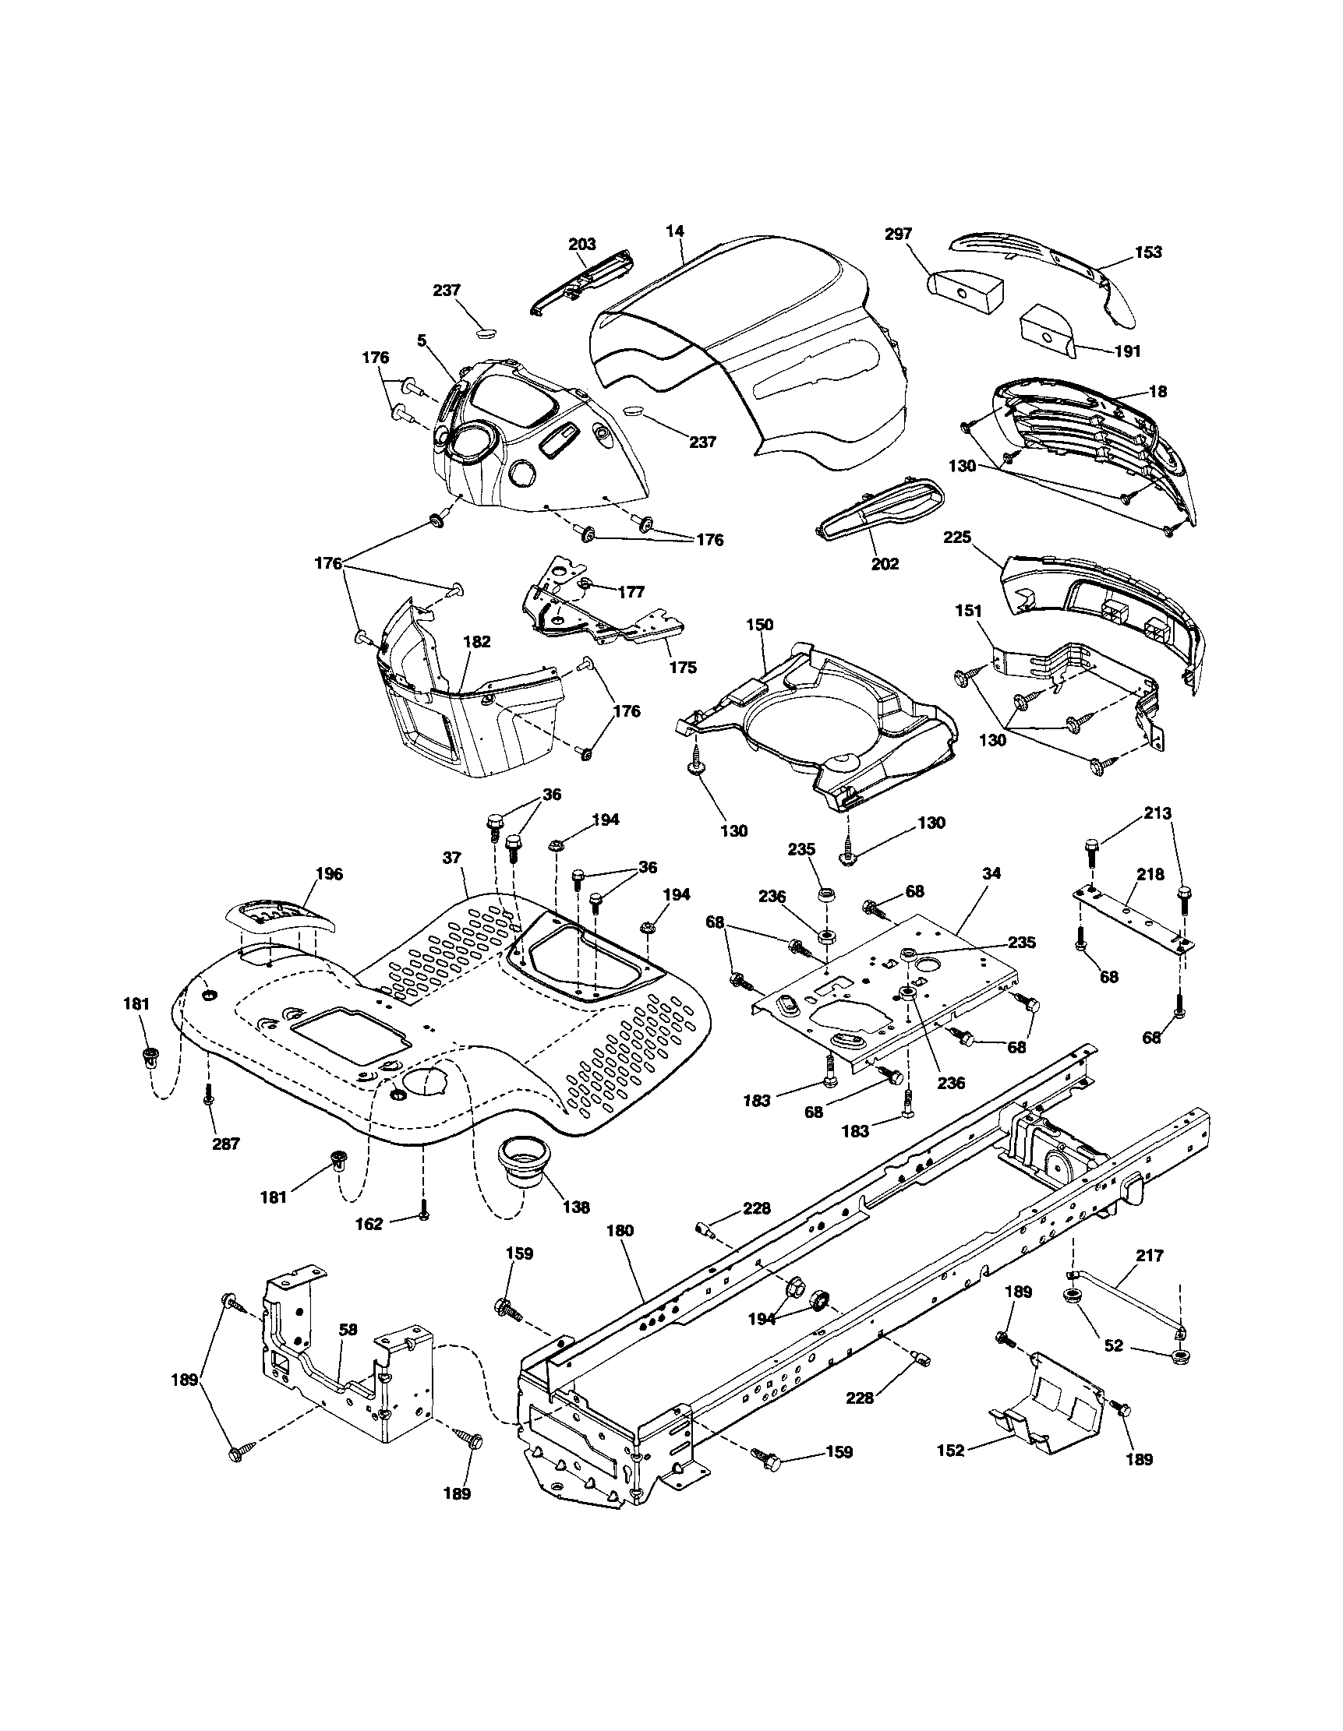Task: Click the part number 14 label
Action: click(x=675, y=231)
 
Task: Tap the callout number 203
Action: click(x=582, y=244)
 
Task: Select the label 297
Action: click(x=898, y=234)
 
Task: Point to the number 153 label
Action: click(x=1147, y=252)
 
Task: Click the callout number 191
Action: click(x=1126, y=351)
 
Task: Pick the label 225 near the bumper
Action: click(x=957, y=538)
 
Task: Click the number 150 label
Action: click(x=759, y=626)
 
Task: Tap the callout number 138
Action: click(x=575, y=1208)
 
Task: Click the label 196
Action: click(x=329, y=873)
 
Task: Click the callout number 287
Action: click(x=225, y=1144)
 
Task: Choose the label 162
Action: click(x=369, y=1224)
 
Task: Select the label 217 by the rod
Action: click(x=1150, y=1256)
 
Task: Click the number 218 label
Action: click(x=1150, y=874)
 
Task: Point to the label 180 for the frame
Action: click(x=620, y=1231)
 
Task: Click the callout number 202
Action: click(x=885, y=563)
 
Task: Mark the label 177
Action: click(x=631, y=592)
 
